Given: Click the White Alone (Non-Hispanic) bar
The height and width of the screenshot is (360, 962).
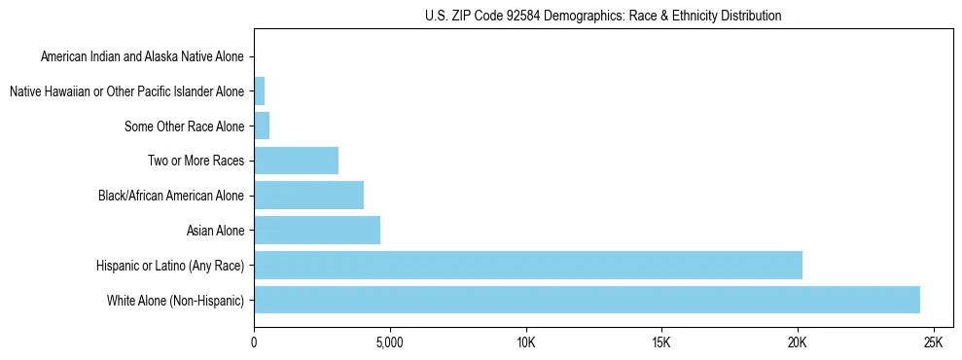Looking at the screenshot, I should (x=587, y=300).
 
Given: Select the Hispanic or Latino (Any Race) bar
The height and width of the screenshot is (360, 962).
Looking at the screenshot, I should (x=528, y=265).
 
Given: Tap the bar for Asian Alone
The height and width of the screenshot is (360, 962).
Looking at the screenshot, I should (x=317, y=231).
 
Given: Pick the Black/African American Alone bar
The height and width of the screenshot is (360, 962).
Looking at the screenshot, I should (x=308, y=196).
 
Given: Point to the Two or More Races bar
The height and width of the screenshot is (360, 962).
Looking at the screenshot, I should (x=296, y=161).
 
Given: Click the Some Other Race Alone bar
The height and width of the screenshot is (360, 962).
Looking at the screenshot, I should (x=262, y=126).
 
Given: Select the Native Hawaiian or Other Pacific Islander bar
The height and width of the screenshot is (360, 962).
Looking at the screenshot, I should (x=259, y=91).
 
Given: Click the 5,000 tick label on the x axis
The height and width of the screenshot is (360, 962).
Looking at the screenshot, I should (x=389, y=343).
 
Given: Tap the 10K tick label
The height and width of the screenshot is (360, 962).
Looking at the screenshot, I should (x=525, y=343).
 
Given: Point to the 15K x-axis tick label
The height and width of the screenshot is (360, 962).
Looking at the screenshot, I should (x=661, y=343).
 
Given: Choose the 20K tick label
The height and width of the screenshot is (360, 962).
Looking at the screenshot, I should (x=798, y=343).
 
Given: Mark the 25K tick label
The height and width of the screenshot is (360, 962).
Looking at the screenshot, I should (x=933, y=343).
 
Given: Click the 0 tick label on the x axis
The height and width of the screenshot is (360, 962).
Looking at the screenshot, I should (x=254, y=343).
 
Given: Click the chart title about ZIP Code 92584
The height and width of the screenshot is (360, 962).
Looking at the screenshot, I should (x=603, y=17).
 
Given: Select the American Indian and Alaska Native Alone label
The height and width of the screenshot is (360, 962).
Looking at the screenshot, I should (x=142, y=57).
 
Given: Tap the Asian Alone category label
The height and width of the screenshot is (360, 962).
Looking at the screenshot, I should (x=215, y=231).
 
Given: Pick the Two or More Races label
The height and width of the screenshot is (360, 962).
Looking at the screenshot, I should (x=197, y=162).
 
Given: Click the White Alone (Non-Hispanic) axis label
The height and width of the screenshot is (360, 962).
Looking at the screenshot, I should (x=176, y=301).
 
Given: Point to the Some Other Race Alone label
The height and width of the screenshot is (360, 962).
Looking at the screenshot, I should (x=185, y=126).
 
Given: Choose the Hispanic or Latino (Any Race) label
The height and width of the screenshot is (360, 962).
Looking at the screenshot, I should (x=170, y=266).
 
